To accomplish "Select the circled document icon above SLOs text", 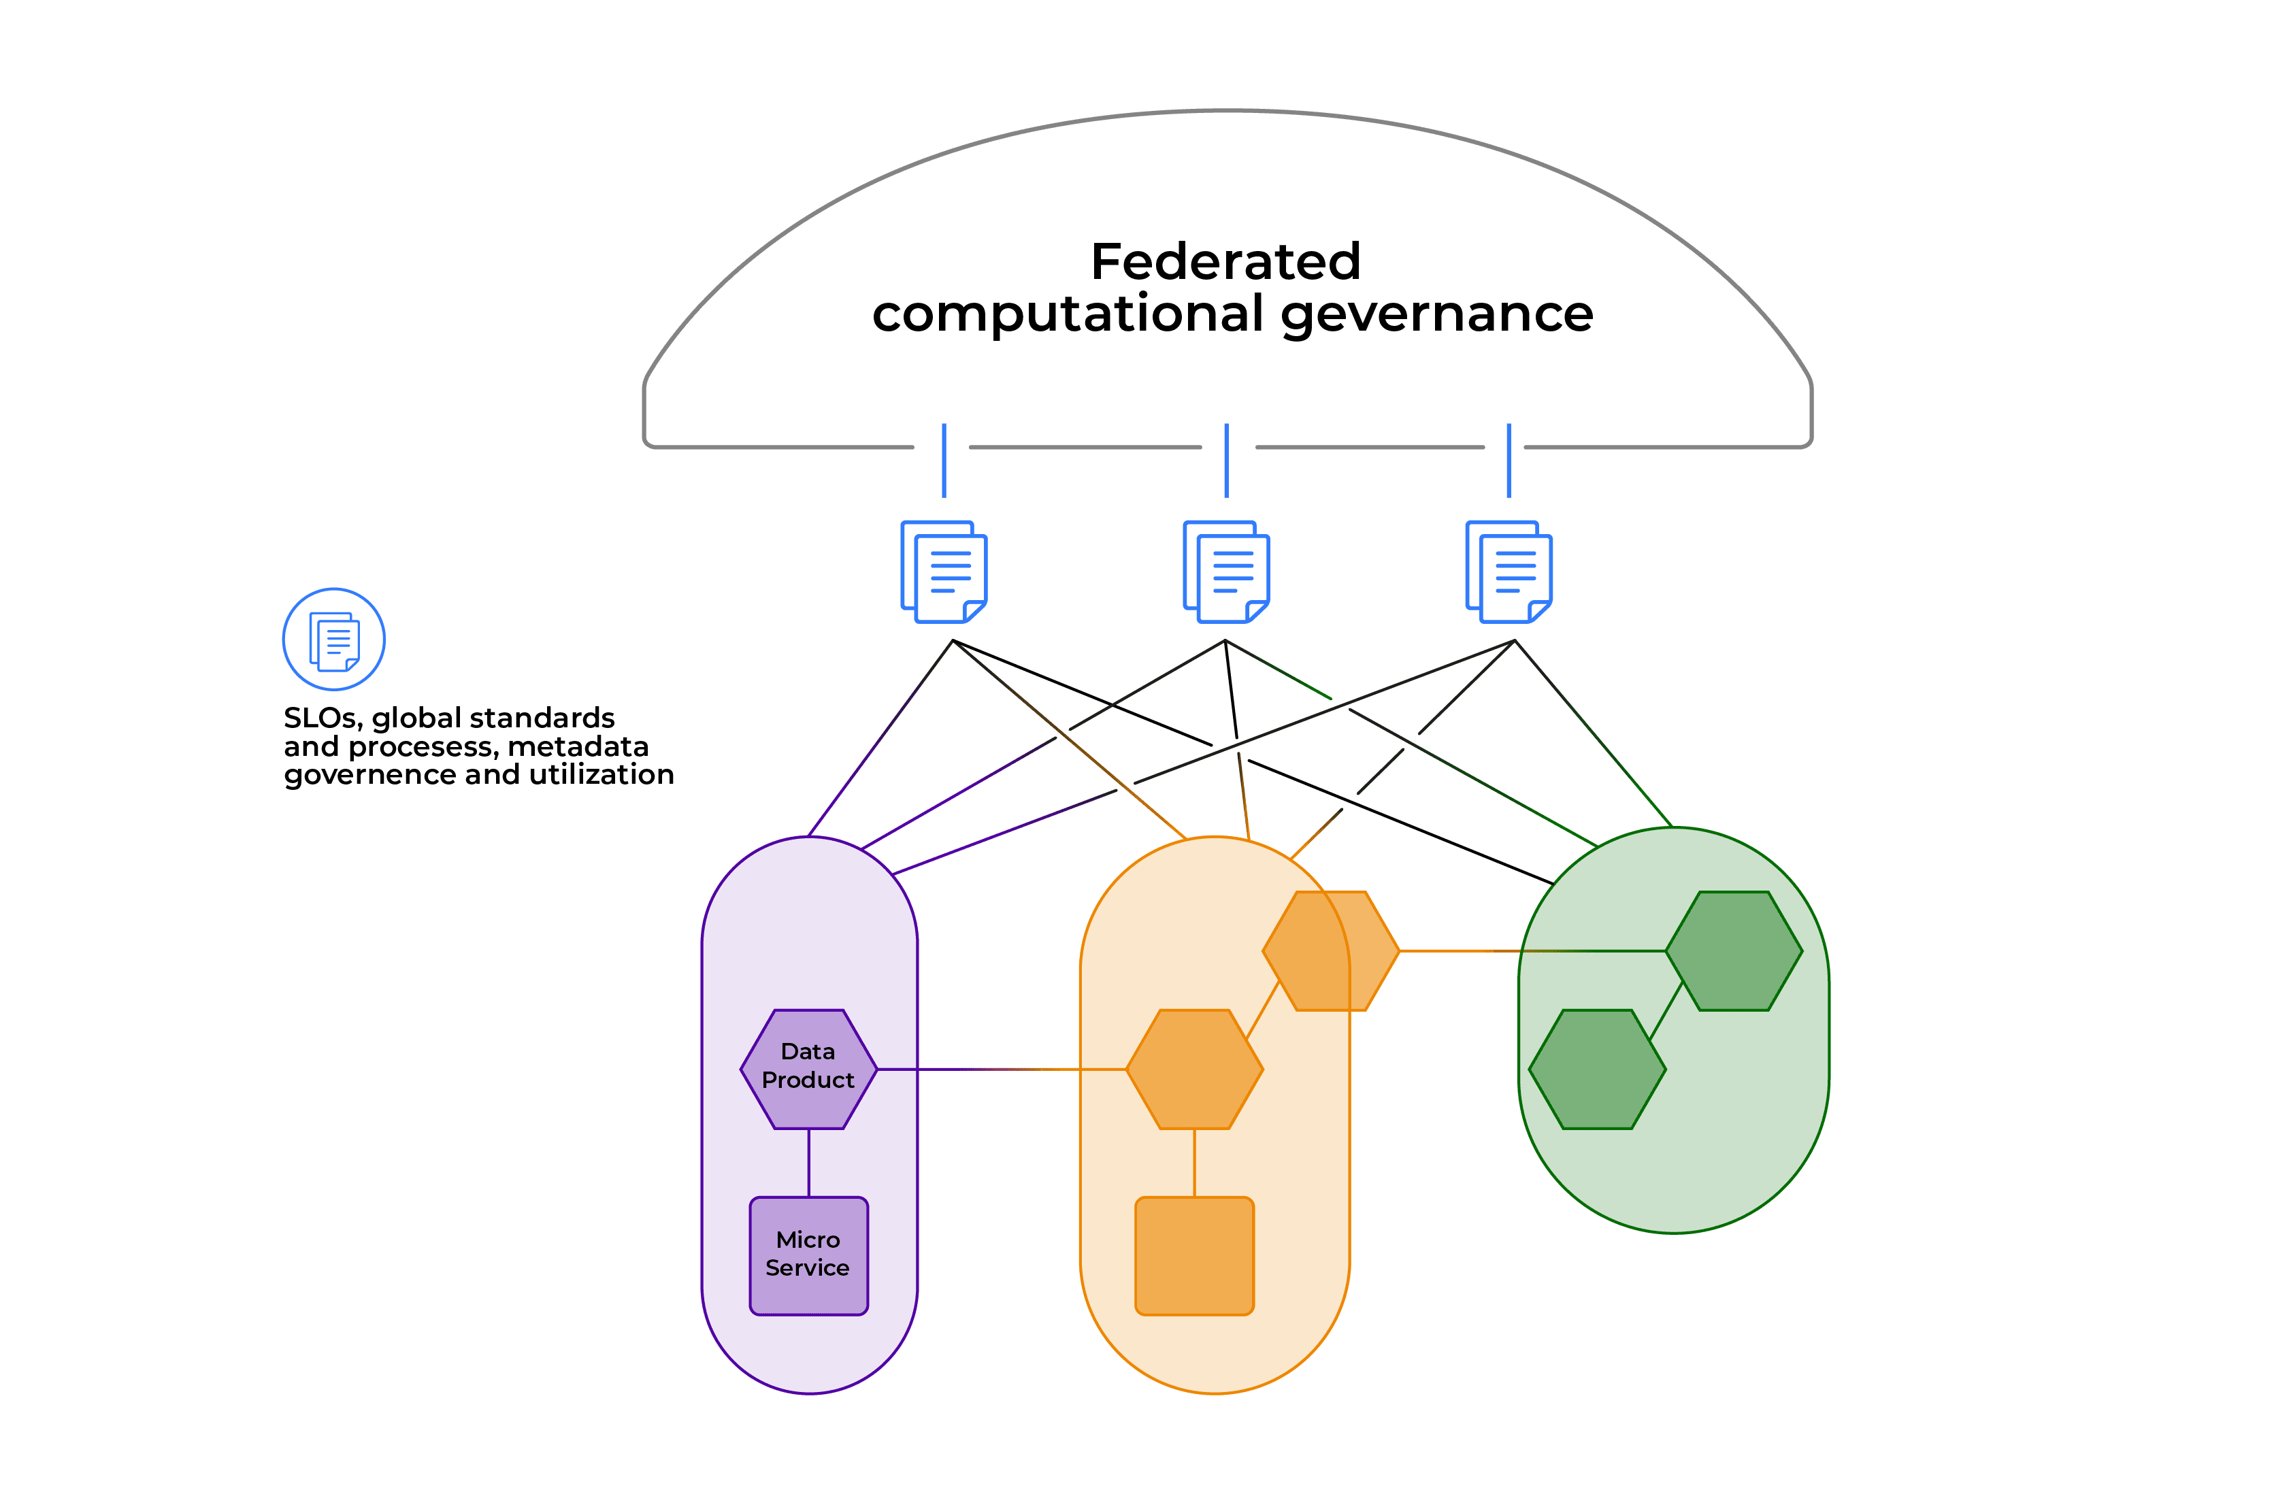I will (x=333, y=639).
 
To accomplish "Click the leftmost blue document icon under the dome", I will (x=944, y=572).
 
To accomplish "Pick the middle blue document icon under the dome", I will (x=1226, y=572).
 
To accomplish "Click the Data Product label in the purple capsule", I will (x=808, y=1066).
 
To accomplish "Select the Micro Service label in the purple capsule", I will (x=808, y=1253).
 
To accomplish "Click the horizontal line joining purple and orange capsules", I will (x=999, y=1069).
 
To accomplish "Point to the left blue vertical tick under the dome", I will (x=944, y=461).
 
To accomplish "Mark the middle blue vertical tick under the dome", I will (x=1226, y=461).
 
